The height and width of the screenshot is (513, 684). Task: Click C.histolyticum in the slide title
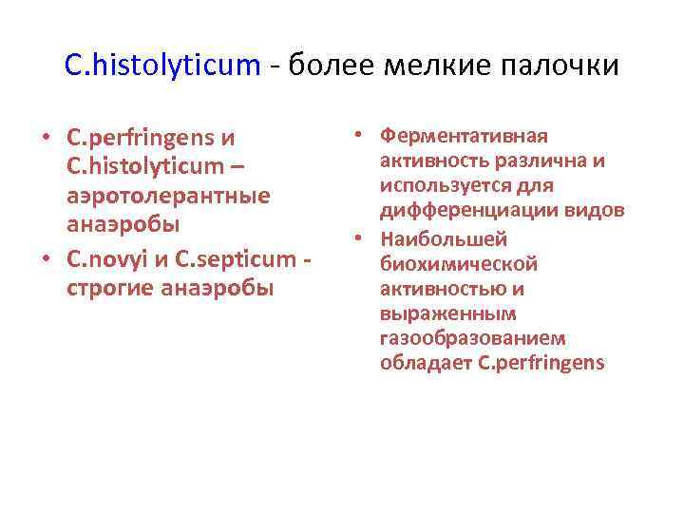[161, 65]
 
